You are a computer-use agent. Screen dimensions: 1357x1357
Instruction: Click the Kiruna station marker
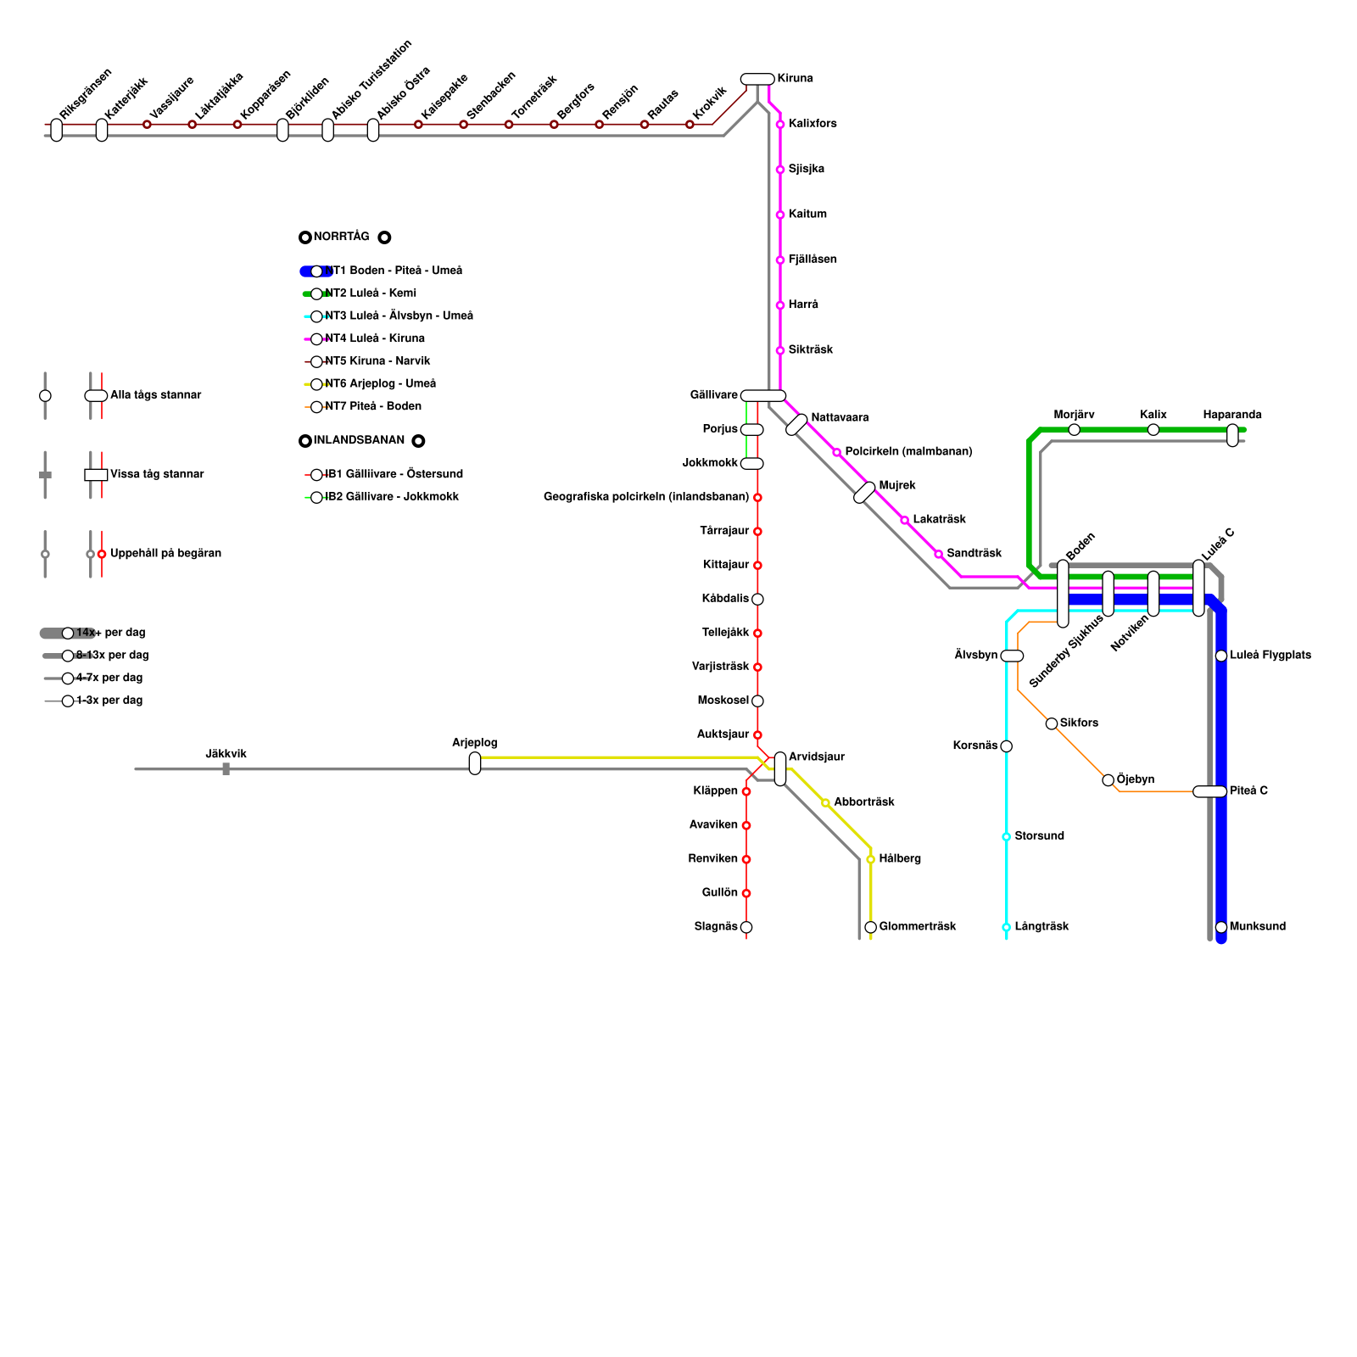tap(757, 79)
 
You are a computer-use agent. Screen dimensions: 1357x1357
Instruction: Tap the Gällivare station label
tap(713, 395)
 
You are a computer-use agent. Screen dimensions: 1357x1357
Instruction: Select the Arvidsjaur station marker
tap(780, 768)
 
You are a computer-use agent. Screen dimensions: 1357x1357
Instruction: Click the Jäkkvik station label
tap(226, 754)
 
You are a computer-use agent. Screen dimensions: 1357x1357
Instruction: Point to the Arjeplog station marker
tap(475, 763)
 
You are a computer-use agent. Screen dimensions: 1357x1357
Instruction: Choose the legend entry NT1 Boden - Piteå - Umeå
tap(394, 271)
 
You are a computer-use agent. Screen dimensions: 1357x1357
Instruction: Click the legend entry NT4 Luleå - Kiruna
tap(375, 338)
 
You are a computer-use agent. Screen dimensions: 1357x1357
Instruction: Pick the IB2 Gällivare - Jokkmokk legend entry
tap(392, 497)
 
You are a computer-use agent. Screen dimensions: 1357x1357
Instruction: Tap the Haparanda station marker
tap(1232, 435)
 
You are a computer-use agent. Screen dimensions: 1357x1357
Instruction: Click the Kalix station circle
tap(1153, 430)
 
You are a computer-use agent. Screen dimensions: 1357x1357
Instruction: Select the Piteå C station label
tap(1248, 790)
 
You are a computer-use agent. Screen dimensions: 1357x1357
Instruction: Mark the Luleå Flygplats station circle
tap(1221, 656)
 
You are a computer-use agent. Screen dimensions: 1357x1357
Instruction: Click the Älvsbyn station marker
tap(1012, 656)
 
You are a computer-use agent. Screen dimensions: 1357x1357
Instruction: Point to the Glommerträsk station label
tap(918, 926)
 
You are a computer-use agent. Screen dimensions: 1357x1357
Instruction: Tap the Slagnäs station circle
tap(746, 927)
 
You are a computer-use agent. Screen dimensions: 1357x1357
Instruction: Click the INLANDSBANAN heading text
tap(359, 440)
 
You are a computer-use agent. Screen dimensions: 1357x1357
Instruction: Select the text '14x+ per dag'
tap(110, 633)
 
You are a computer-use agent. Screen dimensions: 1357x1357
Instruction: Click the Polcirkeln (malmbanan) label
tap(908, 451)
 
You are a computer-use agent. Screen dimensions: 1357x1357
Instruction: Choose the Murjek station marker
tap(864, 492)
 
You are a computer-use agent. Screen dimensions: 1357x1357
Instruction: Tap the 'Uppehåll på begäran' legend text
tap(165, 554)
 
